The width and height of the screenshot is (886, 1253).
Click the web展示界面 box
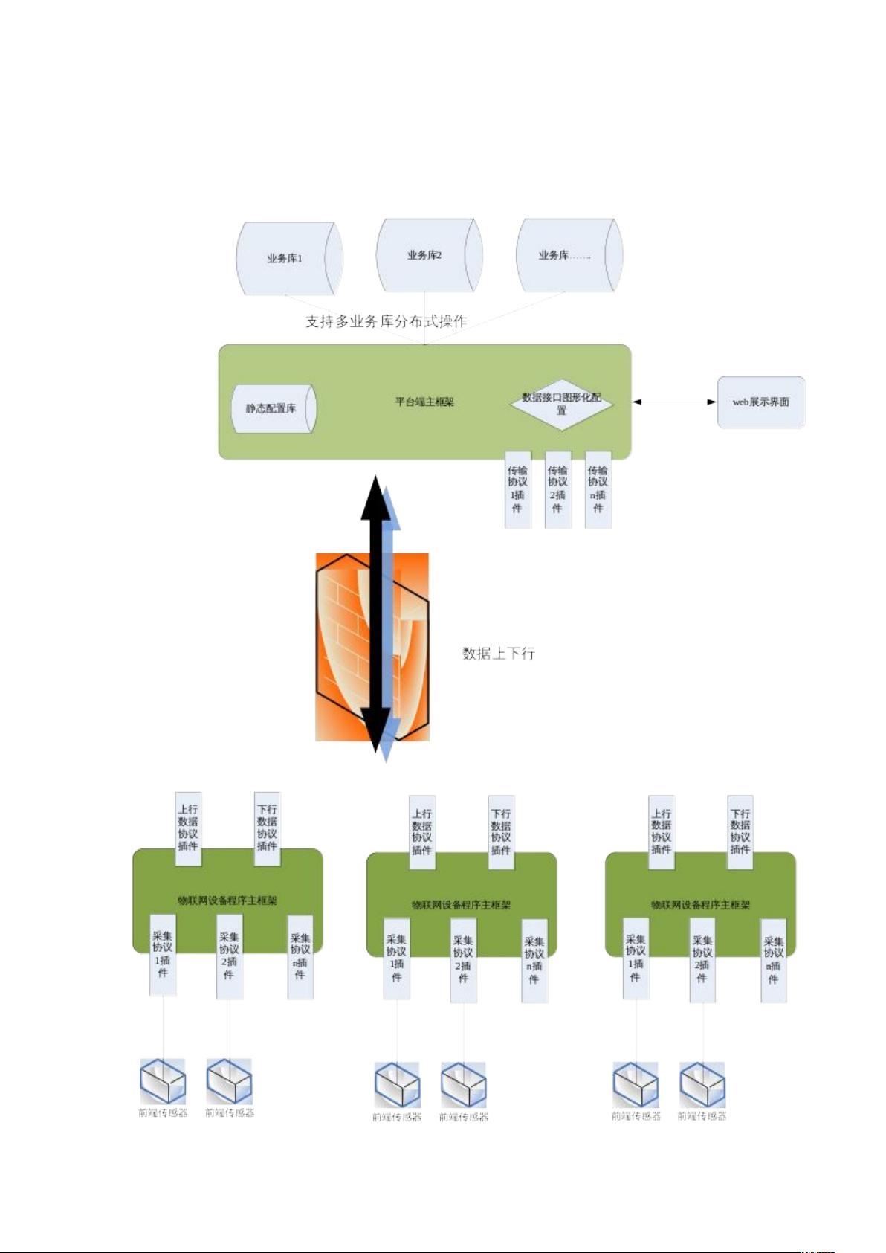(x=760, y=402)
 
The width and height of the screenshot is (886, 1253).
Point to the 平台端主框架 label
(x=424, y=402)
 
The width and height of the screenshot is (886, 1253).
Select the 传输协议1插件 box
(x=517, y=489)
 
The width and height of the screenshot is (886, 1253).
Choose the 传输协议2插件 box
(x=557, y=489)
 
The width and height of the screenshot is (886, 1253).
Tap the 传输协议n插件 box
(x=598, y=489)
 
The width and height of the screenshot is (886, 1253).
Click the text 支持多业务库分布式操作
(x=386, y=321)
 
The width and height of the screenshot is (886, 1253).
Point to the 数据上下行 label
(x=498, y=654)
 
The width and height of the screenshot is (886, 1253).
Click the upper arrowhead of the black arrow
(x=376, y=495)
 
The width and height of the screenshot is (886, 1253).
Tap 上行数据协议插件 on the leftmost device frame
(x=188, y=828)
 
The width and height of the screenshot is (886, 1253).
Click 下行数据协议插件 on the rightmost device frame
(x=740, y=831)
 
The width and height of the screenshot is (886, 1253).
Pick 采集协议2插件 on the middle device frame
(x=463, y=959)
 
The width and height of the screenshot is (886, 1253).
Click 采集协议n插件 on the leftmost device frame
(x=300, y=956)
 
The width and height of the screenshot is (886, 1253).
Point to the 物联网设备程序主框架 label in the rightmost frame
(x=700, y=905)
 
